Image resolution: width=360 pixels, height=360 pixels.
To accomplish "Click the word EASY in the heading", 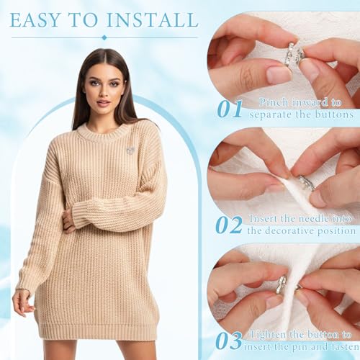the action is point(35,19).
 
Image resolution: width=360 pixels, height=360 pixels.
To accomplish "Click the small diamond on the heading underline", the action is point(104,37).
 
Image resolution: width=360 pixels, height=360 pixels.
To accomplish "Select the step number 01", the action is point(230,109).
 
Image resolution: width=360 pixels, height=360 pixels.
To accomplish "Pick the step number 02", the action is point(228,225).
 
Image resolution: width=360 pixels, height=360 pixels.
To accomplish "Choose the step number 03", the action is point(228,341).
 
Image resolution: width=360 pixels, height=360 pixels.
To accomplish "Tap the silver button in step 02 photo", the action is point(307,183).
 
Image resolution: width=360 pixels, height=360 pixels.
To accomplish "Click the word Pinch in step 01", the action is point(274,103).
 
